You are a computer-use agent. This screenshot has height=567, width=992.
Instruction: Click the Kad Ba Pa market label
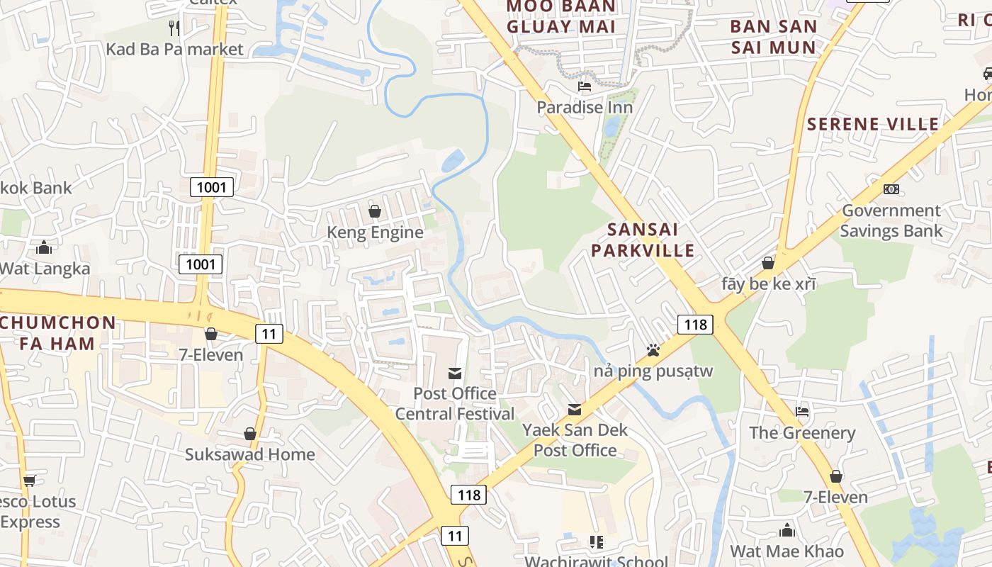pyautogui.click(x=174, y=49)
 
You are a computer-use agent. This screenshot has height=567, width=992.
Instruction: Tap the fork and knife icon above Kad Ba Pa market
pyautogui.click(x=174, y=28)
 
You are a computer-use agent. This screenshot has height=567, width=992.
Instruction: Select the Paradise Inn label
pyautogui.click(x=585, y=107)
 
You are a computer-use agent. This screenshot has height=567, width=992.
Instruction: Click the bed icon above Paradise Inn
pyautogui.click(x=585, y=86)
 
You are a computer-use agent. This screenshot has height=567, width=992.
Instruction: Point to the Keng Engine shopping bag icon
pyautogui.click(x=375, y=211)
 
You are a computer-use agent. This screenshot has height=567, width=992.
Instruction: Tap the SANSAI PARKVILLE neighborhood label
pyautogui.click(x=643, y=240)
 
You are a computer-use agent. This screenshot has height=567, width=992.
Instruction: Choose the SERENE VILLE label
pyautogui.click(x=873, y=124)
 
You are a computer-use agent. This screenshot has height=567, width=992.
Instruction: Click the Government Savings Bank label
pyautogui.click(x=891, y=220)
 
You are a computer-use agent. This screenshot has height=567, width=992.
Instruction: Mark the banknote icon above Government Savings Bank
pyautogui.click(x=891, y=189)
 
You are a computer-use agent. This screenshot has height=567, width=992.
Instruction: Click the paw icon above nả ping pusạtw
pyautogui.click(x=653, y=350)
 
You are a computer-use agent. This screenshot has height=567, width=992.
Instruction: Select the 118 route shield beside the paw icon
pyautogui.click(x=694, y=325)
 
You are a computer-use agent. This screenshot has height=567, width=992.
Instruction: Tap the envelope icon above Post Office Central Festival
pyautogui.click(x=455, y=373)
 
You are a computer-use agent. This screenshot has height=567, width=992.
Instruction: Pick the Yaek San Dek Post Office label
pyautogui.click(x=575, y=440)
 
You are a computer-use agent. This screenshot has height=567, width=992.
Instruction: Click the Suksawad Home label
pyautogui.click(x=250, y=454)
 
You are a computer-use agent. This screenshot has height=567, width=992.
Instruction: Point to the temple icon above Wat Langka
pyautogui.click(x=44, y=247)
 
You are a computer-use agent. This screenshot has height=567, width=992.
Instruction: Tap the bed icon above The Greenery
pyautogui.click(x=802, y=411)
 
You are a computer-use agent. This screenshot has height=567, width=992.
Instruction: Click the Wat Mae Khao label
pyautogui.click(x=787, y=551)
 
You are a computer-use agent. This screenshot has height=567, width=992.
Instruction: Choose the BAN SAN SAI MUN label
pyautogui.click(x=773, y=37)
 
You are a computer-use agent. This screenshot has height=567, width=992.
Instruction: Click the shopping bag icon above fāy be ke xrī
pyautogui.click(x=768, y=263)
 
